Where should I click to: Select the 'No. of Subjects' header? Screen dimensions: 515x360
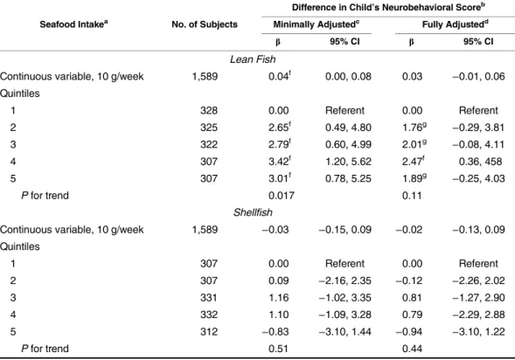tap(205, 24)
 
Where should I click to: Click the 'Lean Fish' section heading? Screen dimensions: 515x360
tap(253, 59)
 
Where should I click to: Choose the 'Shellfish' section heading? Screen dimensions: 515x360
tap(253, 212)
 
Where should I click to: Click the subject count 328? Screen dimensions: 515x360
tap(209, 110)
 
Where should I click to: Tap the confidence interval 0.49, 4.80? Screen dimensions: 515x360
tap(348, 128)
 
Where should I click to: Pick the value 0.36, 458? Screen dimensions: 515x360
tap(480, 162)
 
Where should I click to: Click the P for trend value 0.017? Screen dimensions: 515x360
tap(282, 196)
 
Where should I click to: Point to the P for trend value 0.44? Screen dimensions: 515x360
tap(412, 349)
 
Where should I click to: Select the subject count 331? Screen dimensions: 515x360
tap(209, 298)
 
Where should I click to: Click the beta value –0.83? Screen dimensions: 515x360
tap(275, 332)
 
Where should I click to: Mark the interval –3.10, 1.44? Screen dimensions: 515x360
tap(344, 332)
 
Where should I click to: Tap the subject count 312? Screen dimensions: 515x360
tap(209, 332)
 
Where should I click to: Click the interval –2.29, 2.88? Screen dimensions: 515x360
tap(478, 315)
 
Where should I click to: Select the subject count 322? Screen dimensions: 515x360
tap(209, 144)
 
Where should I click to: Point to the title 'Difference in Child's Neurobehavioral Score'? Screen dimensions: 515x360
tap(388, 7)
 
